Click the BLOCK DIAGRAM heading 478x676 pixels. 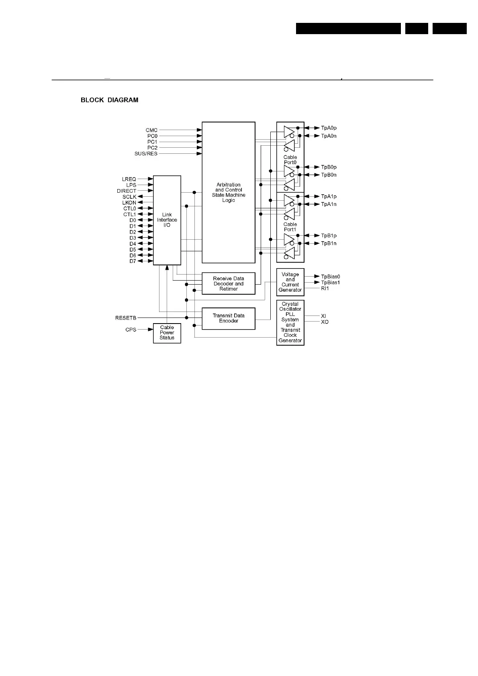[x=109, y=100]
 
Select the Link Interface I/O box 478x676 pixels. [x=167, y=220]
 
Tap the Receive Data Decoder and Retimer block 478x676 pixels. [x=228, y=283]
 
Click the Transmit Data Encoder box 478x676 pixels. [x=228, y=318]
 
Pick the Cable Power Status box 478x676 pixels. [x=167, y=333]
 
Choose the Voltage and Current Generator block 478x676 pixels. [x=290, y=282]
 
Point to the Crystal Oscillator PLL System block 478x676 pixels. [x=290, y=322]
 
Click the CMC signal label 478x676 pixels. [x=151, y=130]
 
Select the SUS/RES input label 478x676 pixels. [x=146, y=154]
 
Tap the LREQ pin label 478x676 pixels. [x=129, y=179]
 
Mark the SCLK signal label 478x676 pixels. [x=129, y=197]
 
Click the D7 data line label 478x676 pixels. [x=133, y=261]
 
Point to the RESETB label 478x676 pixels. [x=126, y=318]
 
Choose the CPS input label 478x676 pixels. [x=131, y=330]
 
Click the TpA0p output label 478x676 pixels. [x=329, y=128]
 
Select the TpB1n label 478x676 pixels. [x=329, y=243]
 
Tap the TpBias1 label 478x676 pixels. [x=330, y=283]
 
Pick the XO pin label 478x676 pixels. [x=325, y=322]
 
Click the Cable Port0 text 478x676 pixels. [x=290, y=160]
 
